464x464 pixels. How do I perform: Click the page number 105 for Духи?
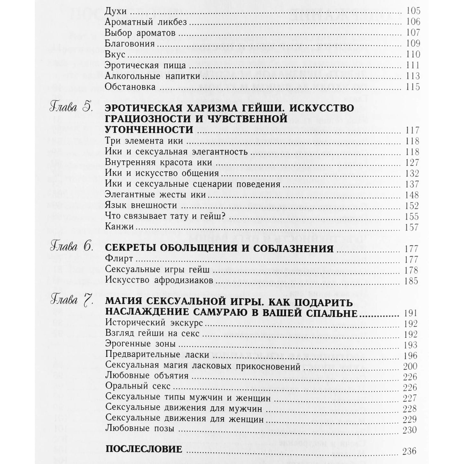[x=412, y=11]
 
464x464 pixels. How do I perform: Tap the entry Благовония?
[x=130, y=44]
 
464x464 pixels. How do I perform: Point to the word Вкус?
[x=115, y=55]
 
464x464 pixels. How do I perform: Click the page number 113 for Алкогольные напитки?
[x=412, y=76]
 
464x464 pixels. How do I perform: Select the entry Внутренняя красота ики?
[x=159, y=162]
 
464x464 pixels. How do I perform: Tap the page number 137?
[x=412, y=184]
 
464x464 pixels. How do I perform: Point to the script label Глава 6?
[x=72, y=248]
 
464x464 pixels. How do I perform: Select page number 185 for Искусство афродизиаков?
[x=411, y=281]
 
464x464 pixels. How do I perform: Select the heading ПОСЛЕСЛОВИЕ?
[x=144, y=449]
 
